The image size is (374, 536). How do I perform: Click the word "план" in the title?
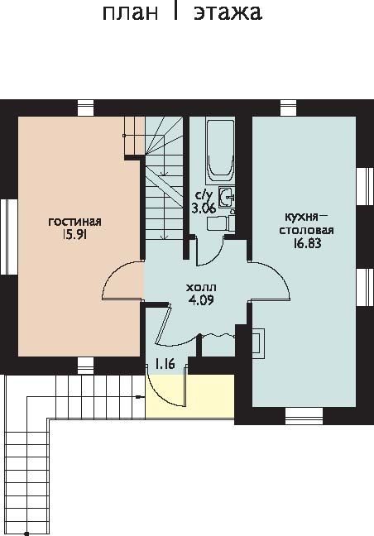point(130,13)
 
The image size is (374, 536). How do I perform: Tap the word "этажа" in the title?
point(228,12)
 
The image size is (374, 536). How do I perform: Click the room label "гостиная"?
point(74,222)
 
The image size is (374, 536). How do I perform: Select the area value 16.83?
point(307,242)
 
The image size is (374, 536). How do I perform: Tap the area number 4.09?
point(201,299)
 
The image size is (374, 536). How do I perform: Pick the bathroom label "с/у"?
point(204,195)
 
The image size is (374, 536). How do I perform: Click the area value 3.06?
point(204,208)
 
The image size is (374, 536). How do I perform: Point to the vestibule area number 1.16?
point(165,364)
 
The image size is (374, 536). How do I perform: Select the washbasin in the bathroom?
point(227,197)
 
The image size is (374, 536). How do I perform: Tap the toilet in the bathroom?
point(221,223)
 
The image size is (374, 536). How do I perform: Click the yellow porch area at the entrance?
point(189,396)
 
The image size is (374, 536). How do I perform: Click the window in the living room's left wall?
point(9,237)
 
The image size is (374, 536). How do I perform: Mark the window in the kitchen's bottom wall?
point(304,416)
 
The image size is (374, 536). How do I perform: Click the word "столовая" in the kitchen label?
point(307,230)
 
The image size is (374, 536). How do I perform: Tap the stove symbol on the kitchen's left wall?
point(258,343)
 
